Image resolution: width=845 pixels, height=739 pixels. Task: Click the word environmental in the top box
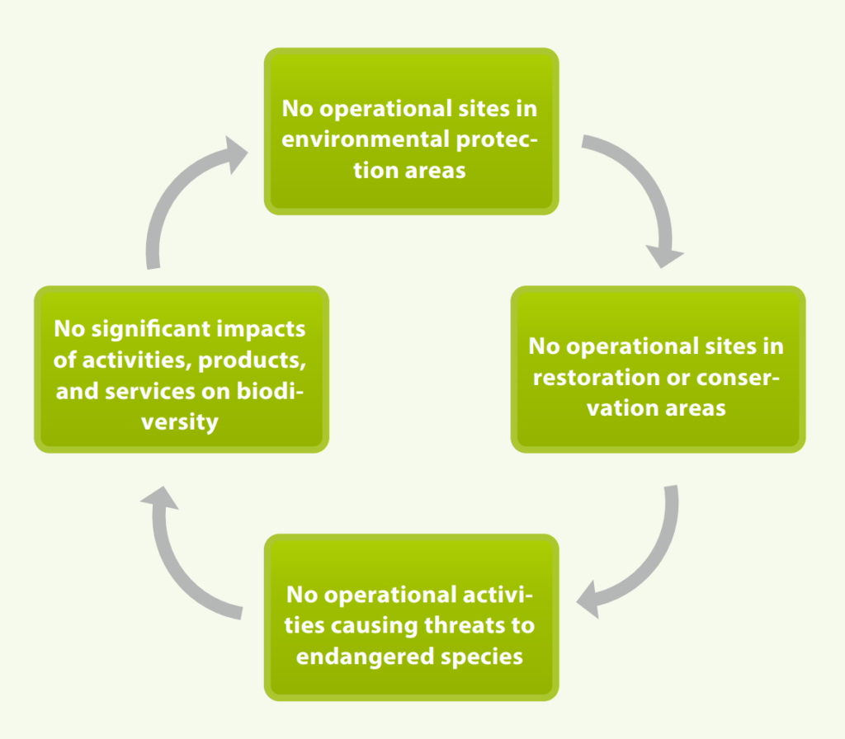[366, 139]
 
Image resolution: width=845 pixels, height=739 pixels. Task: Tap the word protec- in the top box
[497, 140]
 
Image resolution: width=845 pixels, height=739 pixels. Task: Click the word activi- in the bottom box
[491, 594]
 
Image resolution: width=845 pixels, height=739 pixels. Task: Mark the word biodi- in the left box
[271, 391]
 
